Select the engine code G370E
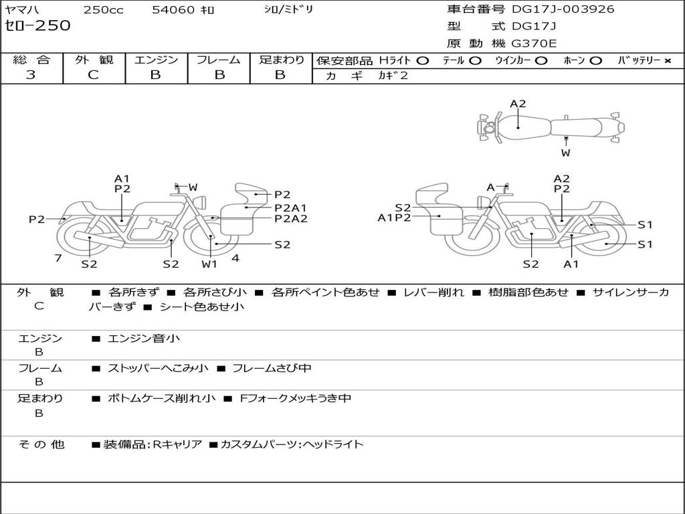(533, 44)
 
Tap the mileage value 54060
(173, 10)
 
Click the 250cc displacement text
(103, 10)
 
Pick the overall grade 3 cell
(31, 75)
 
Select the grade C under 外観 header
(93, 75)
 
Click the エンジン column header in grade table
(157, 60)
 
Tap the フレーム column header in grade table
(218, 60)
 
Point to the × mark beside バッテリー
(667, 60)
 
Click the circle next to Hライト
(422, 60)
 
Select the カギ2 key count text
(393, 76)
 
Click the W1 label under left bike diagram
(210, 264)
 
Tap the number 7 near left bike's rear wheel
(58, 258)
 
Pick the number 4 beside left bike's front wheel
(235, 258)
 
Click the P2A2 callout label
(291, 218)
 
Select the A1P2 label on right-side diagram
(394, 217)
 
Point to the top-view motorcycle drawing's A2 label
(518, 104)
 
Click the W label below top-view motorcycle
(566, 153)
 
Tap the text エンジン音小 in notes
(143, 339)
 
